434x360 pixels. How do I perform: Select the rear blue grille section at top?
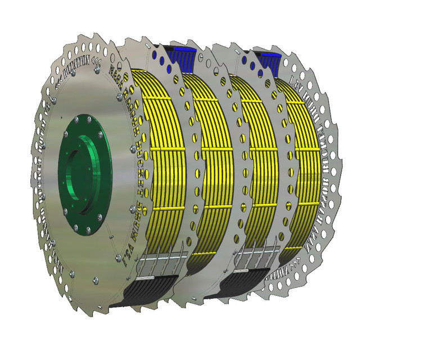(x=270, y=57)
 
